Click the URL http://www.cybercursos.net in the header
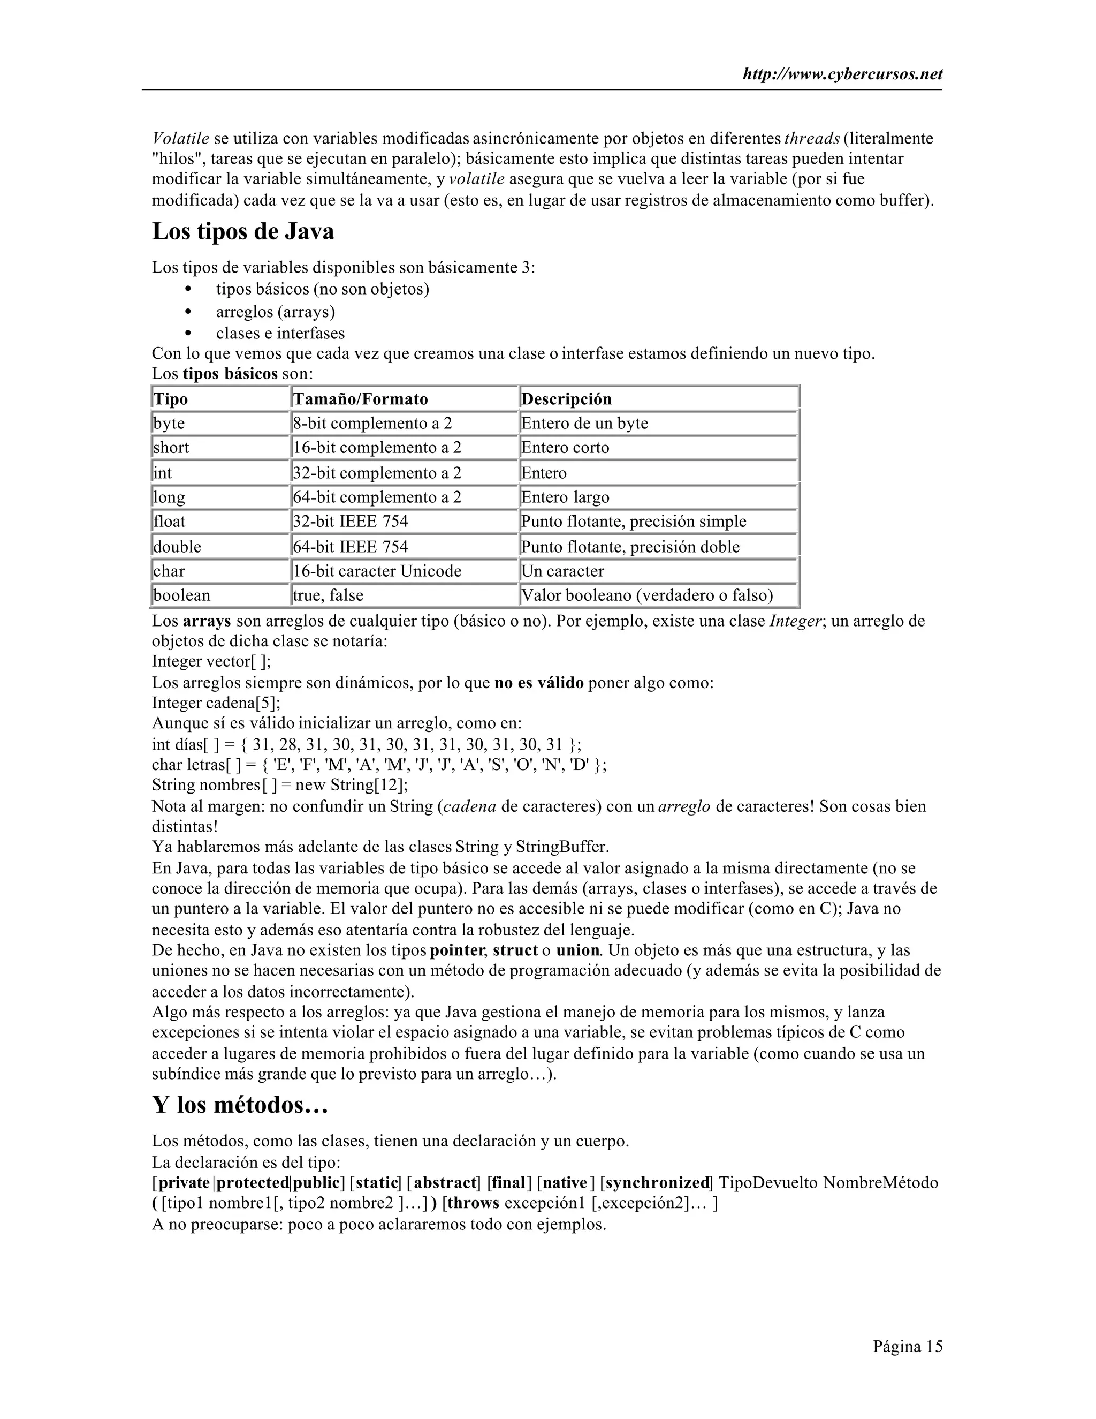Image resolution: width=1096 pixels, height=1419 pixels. [x=842, y=74]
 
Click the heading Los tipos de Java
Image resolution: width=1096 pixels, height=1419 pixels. [x=243, y=231]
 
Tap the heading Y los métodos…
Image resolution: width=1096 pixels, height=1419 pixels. [x=240, y=1104]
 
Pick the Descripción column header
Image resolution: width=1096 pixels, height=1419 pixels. [x=566, y=399]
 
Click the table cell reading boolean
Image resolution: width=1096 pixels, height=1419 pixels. [x=182, y=595]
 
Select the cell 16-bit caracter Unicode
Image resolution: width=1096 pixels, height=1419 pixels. [x=377, y=571]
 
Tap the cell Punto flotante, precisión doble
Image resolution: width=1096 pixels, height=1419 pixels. [x=630, y=546]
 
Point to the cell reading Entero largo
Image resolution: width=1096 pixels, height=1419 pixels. [x=565, y=497]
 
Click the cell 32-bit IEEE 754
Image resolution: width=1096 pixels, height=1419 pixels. [x=351, y=522]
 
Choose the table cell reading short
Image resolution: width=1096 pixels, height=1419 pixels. [x=171, y=448]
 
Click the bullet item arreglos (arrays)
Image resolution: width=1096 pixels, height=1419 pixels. [x=275, y=312]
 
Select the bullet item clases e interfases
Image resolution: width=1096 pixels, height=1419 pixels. [x=280, y=333]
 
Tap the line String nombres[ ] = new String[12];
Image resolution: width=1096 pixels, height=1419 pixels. [x=280, y=785]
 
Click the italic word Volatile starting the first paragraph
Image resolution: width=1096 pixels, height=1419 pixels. [x=180, y=138]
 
